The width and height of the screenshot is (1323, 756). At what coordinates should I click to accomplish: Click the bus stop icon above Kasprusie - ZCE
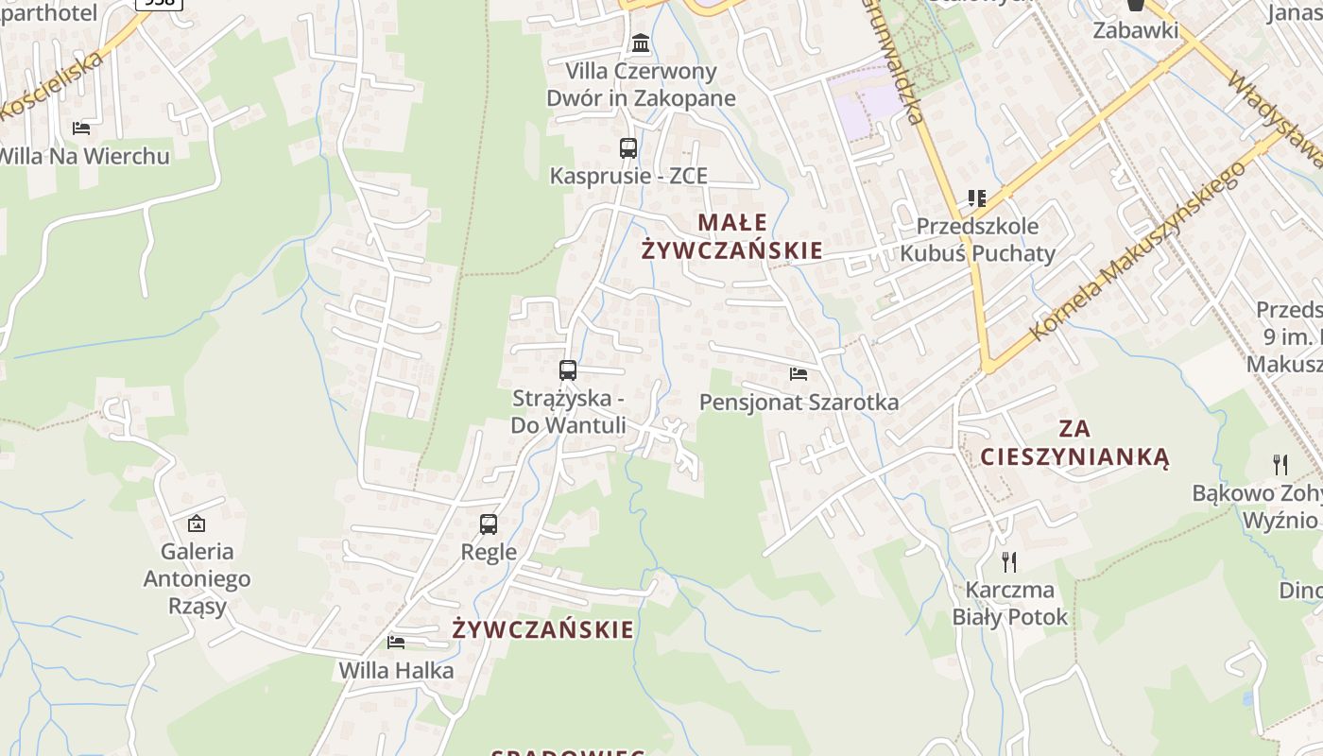click(628, 148)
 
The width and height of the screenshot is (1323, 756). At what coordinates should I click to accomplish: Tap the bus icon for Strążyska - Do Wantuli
click(568, 370)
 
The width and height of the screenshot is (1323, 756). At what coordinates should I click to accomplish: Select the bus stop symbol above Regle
click(489, 524)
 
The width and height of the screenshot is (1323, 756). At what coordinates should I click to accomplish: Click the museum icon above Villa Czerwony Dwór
click(641, 43)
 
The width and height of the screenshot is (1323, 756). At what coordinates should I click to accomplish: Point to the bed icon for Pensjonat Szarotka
click(799, 374)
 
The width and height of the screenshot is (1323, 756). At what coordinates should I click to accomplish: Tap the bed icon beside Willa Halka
click(396, 643)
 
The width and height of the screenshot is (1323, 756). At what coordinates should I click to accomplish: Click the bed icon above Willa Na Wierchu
click(81, 128)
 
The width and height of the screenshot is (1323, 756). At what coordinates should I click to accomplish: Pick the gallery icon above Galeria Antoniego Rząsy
click(197, 523)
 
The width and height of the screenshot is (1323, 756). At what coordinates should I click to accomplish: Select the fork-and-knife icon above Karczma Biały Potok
click(1009, 562)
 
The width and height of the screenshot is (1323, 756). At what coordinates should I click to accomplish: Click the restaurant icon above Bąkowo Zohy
click(1280, 464)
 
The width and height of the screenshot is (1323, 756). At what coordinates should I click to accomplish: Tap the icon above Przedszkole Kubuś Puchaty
click(977, 198)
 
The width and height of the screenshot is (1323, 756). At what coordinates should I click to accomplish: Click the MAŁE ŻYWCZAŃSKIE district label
click(732, 236)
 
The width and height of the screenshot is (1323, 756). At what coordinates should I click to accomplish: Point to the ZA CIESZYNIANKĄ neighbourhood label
click(1074, 443)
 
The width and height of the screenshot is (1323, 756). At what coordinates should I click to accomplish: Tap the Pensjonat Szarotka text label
click(799, 403)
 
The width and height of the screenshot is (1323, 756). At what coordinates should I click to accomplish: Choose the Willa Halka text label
click(397, 671)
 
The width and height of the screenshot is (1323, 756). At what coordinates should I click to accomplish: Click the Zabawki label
click(1136, 30)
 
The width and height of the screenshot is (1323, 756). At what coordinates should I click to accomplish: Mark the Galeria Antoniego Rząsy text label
click(197, 578)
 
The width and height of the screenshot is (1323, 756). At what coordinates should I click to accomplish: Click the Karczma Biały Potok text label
click(1009, 604)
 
